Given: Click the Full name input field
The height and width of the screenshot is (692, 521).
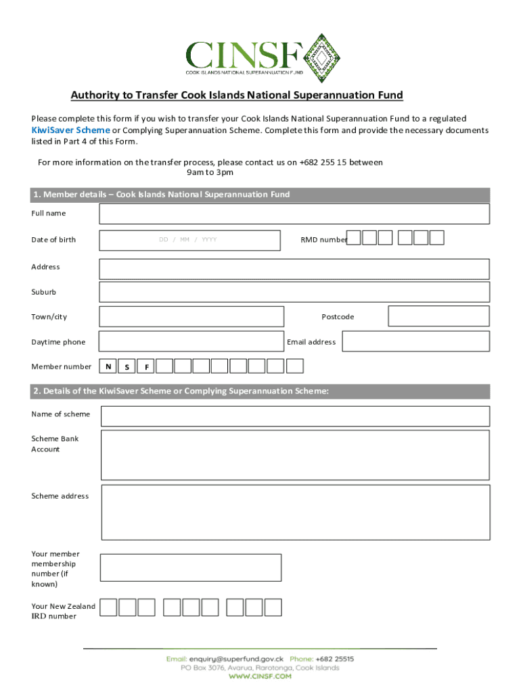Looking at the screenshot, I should (294, 214).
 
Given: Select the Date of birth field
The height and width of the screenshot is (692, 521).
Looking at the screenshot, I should (189, 240).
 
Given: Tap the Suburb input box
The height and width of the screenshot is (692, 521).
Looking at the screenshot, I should (294, 292).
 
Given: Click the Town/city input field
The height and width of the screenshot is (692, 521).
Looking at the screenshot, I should (191, 316).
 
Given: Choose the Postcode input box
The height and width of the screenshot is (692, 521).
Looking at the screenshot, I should (438, 316).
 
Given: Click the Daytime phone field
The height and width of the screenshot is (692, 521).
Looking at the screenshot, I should (191, 341).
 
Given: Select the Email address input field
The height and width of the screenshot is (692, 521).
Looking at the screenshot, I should (415, 341).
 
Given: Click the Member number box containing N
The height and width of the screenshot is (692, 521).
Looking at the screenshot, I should (108, 366).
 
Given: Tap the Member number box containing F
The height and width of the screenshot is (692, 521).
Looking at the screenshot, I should (146, 366).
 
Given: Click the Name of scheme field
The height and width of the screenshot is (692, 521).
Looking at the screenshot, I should (295, 416).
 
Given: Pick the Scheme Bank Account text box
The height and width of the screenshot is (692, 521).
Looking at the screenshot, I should (295, 455).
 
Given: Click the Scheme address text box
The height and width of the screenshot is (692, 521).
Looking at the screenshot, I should (295, 515).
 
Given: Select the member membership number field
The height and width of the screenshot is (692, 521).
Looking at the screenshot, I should (191, 568).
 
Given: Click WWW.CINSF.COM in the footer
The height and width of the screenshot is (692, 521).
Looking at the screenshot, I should (260, 676).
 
